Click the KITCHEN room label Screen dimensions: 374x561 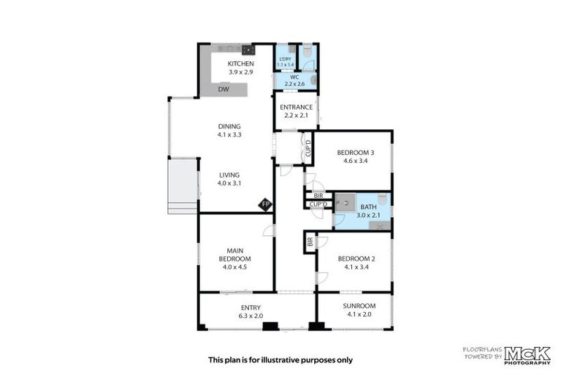tap(240, 64)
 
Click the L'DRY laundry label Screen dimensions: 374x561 tap(284, 58)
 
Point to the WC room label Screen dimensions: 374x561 tap(294, 77)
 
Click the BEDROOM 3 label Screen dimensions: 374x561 tap(355, 153)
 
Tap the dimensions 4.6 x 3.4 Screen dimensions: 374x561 tap(355, 161)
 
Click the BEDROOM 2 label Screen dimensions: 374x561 tap(356, 259)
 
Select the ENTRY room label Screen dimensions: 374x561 tap(250, 308)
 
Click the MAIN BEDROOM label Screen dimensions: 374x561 tap(235, 254)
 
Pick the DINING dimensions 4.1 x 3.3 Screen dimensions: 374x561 tap(229, 135)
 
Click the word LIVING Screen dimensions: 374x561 tap(229, 175)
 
